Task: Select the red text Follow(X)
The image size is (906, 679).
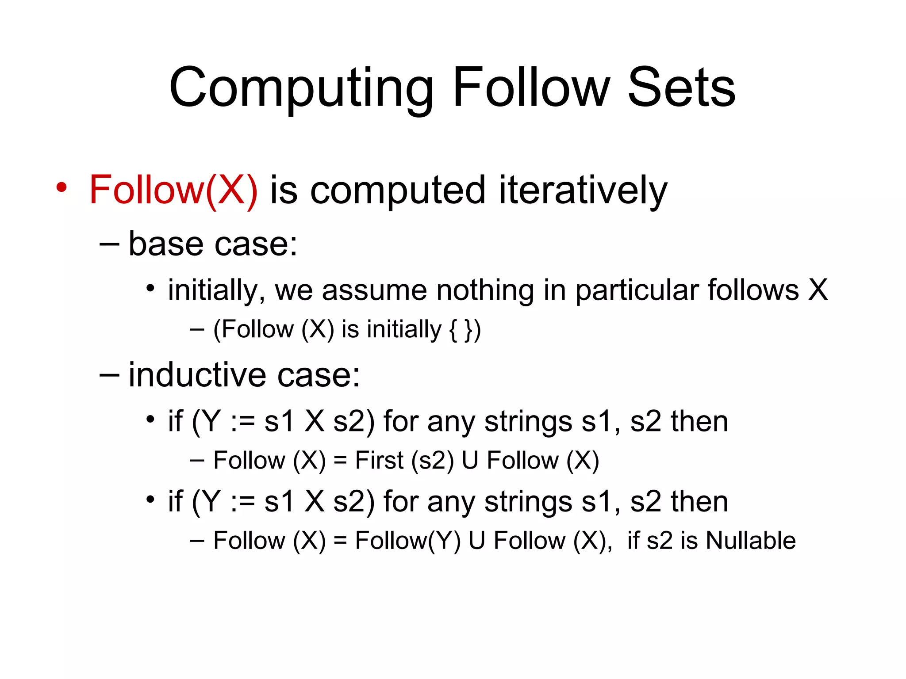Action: tap(173, 190)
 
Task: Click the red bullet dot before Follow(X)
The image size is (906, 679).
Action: tap(61, 187)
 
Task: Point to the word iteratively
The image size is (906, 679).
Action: tap(583, 191)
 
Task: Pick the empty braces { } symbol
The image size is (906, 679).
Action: tap(461, 330)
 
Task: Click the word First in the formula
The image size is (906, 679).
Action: tap(379, 460)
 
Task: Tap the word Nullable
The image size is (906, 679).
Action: tap(751, 540)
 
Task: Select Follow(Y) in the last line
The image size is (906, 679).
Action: tap(407, 541)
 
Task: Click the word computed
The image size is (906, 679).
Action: tap(398, 191)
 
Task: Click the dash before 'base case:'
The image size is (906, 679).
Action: tap(109, 244)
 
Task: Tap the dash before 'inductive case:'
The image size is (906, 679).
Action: tap(109, 375)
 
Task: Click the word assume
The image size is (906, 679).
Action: tap(374, 290)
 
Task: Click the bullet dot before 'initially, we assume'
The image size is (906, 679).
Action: tap(151, 289)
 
